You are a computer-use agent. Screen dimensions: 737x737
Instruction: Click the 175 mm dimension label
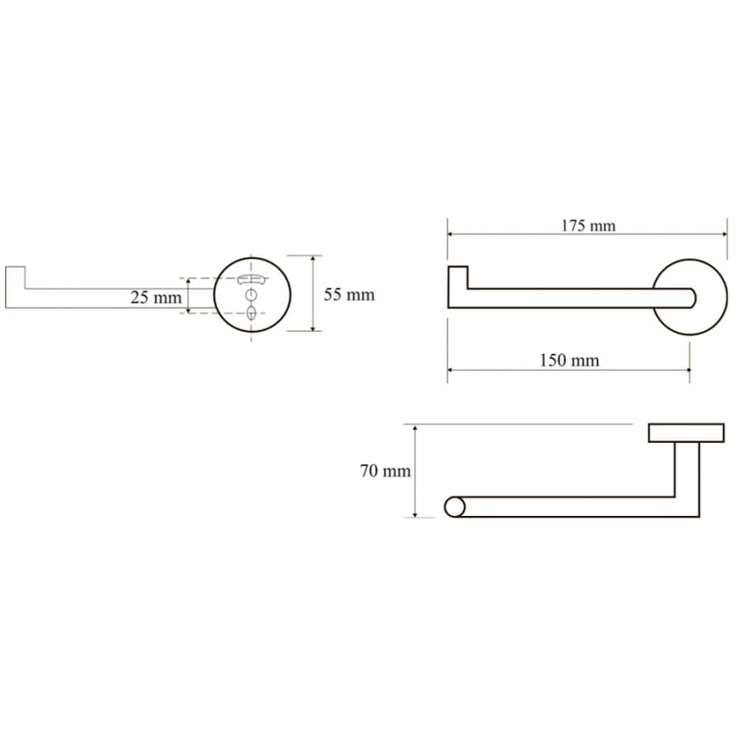(x=588, y=226)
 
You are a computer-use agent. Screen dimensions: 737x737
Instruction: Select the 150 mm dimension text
(x=569, y=360)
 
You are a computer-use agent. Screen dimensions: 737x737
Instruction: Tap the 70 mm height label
(x=386, y=471)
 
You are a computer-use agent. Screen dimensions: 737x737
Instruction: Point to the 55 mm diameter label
(x=349, y=295)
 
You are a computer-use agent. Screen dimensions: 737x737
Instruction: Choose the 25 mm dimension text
(x=156, y=297)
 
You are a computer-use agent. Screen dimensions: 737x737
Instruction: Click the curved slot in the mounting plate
(x=252, y=278)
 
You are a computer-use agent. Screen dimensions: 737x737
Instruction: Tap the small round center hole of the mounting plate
(x=252, y=295)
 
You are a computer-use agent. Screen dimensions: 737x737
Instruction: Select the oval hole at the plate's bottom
(x=252, y=312)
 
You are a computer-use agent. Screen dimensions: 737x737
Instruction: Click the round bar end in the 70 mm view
(x=454, y=507)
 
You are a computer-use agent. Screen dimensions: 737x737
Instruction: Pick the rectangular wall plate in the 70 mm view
(x=686, y=433)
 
